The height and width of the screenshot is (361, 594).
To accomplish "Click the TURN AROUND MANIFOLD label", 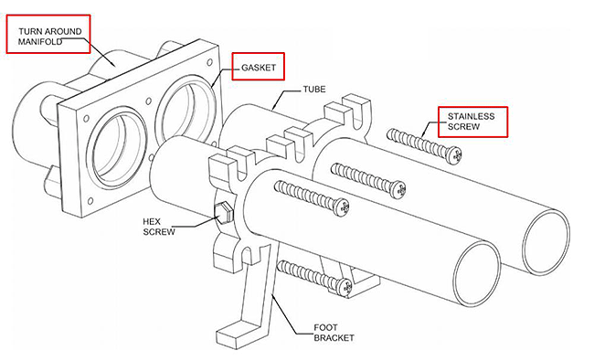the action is tap(49, 37).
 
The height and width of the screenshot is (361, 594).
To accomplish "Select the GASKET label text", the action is tap(259, 68).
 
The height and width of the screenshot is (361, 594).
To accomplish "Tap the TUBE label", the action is tap(314, 90).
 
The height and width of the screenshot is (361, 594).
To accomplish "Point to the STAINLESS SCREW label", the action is tap(471, 122).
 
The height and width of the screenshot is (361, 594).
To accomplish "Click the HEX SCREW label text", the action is tap(159, 227).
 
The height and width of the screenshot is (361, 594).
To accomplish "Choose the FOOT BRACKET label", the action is tap(334, 333).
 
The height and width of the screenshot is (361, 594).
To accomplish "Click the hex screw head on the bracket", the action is tap(223, 212).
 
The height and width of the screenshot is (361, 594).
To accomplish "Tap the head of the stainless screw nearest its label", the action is tap(453, 155).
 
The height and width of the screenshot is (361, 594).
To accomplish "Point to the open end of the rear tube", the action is tap(546, 241).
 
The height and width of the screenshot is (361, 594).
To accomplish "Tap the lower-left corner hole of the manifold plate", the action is tap(90, 201).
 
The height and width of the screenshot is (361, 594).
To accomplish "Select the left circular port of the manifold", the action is tap(117, 148).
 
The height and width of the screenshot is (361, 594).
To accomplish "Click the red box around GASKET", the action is tap(258, 67).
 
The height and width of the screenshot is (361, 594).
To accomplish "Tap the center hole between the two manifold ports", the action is tap(148, 101).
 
